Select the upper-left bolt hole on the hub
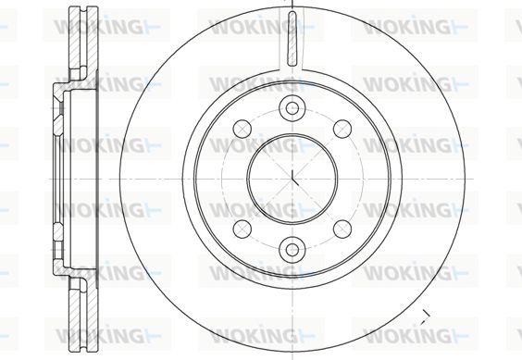pos(242,129)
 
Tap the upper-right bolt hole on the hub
pos(342,129)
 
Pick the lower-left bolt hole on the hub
pos(242,230)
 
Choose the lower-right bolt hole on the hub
pos(342,230)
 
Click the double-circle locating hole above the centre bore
pos(292,108)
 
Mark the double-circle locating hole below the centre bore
pos(292,250)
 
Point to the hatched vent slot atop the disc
pos(292,38)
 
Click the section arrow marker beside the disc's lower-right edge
pos(425,317)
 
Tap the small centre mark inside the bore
pos(294,179)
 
